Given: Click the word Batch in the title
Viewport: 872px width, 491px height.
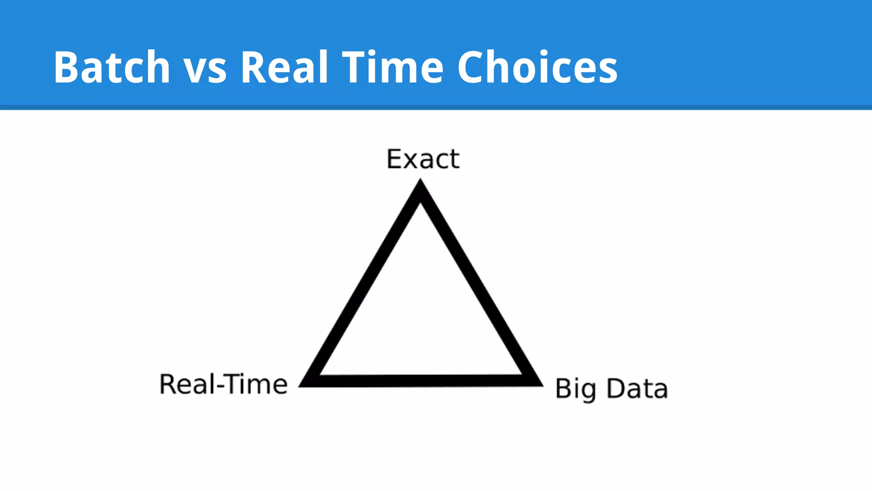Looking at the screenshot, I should pyautogui.click(x=112, y=67).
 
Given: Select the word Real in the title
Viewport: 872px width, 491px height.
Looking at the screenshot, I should pyautogui.click(x=285, y=67).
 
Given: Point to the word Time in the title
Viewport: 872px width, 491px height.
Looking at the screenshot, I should pyautogui.click(x=393, y=67).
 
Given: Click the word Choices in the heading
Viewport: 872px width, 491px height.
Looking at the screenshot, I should pyautogui.click(x=537, y=67).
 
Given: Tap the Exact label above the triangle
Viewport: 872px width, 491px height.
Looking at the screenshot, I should pyautogui.click(x=423, y=159).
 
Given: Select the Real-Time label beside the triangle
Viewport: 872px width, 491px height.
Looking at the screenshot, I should pyautogui.click(x=223, y=384).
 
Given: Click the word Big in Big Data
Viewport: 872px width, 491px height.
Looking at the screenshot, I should pyautogui.click(x=576, y=389).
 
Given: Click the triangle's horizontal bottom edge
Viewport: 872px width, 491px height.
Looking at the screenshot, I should pyautogui.click(x=420, y=381).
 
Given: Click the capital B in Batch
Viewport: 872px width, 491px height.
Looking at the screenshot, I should pyautogui.click(x=66, y=67).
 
